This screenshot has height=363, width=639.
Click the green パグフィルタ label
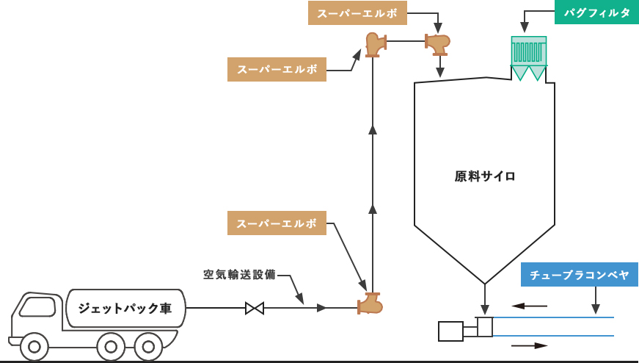(x=596, y=12)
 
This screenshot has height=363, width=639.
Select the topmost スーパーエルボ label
(x=357, y=13)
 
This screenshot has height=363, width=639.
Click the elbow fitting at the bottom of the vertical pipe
(x=370, y=303)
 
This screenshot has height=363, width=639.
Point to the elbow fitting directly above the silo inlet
(x=437, y=43)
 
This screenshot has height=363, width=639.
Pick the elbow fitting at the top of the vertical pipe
(x=375, y=43)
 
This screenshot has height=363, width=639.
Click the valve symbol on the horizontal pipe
(x=255, y=308)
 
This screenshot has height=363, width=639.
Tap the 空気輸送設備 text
(x=239, y=275)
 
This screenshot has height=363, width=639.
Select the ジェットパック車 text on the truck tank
(x=125, y=309)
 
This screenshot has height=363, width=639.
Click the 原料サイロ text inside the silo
(x=485, y=176)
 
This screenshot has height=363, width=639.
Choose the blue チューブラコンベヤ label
(x=580, y=275)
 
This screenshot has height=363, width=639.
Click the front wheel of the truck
(x=34, y=346)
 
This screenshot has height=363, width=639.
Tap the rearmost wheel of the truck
(x=148, y=346)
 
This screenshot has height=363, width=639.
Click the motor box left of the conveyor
(x=450, y=331)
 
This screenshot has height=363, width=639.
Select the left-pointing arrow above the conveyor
(x=529, y=306)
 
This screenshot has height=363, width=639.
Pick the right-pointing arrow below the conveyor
(x=530, y=345)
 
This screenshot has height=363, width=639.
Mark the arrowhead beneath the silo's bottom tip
(x=485, y=309)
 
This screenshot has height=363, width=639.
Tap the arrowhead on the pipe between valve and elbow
(x=321, y=308)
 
